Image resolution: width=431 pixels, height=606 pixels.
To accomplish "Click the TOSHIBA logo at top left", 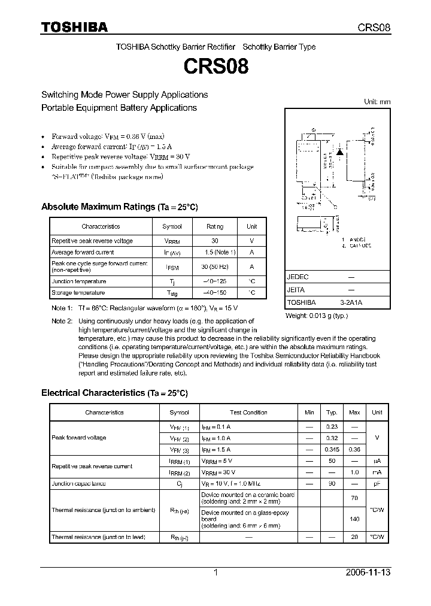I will [x=74, y=27].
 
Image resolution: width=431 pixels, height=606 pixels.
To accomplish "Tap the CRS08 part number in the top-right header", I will [x=374, y=28].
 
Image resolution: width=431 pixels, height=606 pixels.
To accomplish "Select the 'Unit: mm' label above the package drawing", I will [x=377, y=102].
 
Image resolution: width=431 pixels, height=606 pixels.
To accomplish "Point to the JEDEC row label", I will [x=298, y=277].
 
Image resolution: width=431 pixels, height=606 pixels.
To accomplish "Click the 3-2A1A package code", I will [x=351, y=302].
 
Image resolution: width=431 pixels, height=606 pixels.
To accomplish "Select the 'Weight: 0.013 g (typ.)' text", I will [x=317, y=316].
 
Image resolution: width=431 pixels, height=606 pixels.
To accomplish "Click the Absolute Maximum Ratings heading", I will [x=119, y=207].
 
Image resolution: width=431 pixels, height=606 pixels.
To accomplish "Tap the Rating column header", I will [x=215, y=226].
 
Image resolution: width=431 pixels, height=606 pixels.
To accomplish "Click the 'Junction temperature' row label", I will [x=78, y=281].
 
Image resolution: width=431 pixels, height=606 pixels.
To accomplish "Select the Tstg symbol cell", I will [x=172, y=293].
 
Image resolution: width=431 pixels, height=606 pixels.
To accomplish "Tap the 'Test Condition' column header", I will [x=248, y=413].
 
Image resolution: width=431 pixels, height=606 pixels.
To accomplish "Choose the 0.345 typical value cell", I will [x=330, y=450].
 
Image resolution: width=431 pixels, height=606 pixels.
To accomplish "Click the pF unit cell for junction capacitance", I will [x=377, y=483].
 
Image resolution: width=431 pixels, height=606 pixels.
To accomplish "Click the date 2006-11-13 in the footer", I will [x=369, y=572].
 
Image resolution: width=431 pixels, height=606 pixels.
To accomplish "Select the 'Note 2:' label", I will [x=62, y=322].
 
